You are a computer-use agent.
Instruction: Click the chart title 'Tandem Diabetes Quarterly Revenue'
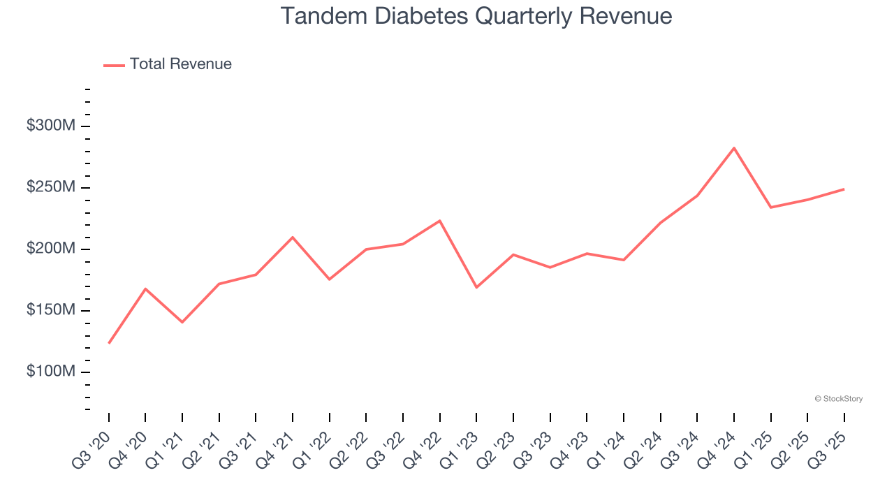[476, 16]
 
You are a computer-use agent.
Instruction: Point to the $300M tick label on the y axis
[51, 126]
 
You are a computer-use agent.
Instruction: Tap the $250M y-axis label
[51, 187]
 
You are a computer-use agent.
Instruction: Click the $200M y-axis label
[51, 249]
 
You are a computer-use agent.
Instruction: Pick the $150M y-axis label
[51, 310]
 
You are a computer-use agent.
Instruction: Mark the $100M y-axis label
[51, 372]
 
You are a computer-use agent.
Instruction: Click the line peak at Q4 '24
[734, 148]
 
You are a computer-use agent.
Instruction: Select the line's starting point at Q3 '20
[109, 343]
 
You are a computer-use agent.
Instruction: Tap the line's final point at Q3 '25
[844, 189]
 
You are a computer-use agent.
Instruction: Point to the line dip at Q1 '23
[476, 287]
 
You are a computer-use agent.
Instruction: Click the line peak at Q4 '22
[440, 221]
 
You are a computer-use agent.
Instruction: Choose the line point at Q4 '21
[293, 238]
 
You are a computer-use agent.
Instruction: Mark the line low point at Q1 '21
[182, 322]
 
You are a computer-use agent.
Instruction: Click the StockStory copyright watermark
[838, 399]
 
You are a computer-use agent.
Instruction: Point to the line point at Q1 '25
[770, 207]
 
